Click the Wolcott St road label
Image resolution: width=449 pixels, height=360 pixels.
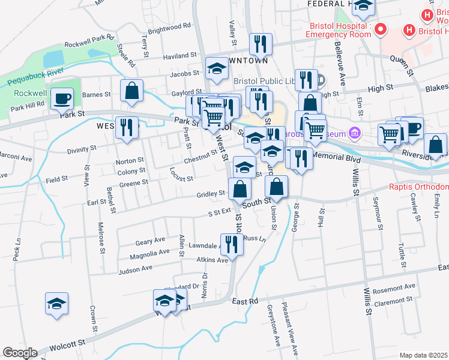(67, 346)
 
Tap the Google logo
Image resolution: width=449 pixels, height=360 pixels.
(20, 353)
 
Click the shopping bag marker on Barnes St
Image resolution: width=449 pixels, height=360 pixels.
(131, 91)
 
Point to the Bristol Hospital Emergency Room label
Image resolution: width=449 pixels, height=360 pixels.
(339, 30)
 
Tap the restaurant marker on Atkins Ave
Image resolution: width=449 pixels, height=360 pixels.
(232, 243)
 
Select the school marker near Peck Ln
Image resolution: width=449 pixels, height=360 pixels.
(56, 303)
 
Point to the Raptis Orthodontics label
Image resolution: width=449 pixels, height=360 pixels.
(418, 187)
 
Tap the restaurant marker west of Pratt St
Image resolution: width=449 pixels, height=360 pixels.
(126, 127)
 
